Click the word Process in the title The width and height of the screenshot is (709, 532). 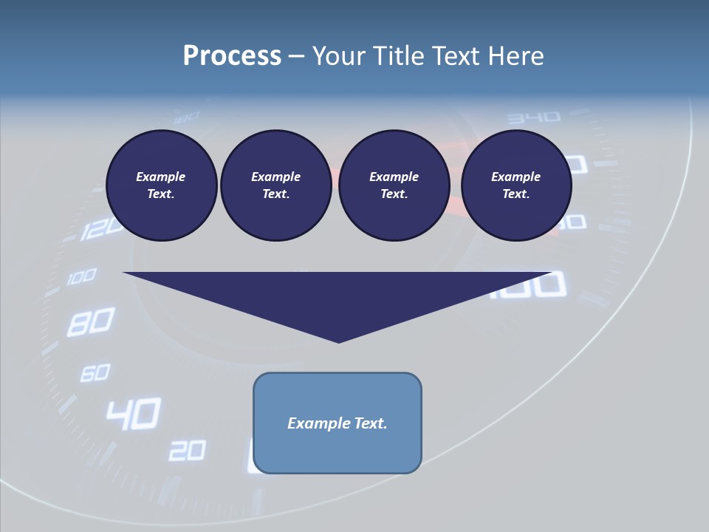232,56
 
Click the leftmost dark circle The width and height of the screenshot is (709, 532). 161,185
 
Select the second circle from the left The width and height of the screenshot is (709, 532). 275,185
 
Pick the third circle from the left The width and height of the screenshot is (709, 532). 394,185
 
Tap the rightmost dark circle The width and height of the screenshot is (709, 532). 516,185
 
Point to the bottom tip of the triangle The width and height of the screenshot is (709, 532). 339,341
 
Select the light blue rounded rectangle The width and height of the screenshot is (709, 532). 338,423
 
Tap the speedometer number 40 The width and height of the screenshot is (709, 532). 133,415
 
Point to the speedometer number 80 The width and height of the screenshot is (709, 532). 90,322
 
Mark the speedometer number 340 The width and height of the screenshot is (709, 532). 534,117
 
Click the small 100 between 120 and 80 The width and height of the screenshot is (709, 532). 81,278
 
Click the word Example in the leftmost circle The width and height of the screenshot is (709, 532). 161,177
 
